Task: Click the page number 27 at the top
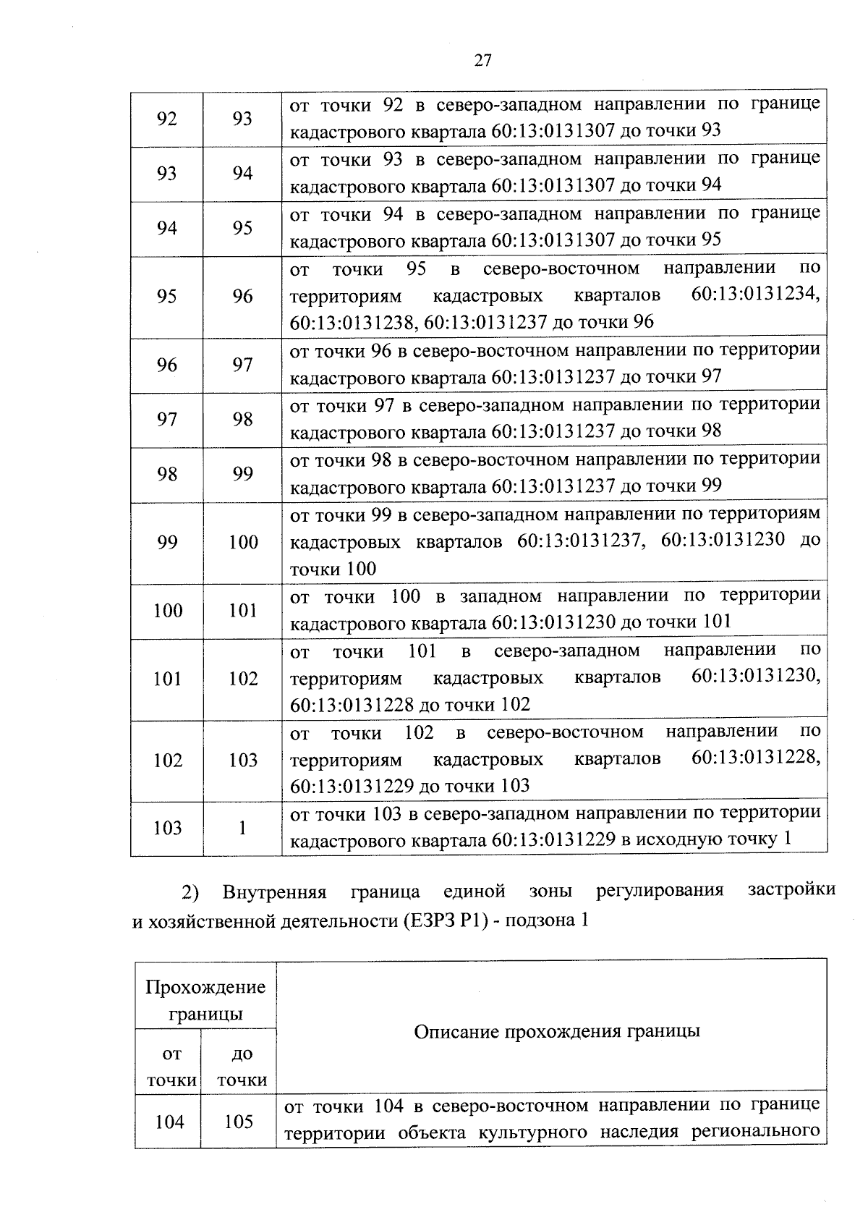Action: pyautogui.click(x=482, y=61)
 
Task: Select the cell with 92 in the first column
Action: pyautogui.click(x=167, y=119)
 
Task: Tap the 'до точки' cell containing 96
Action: pyautogui.click(x=242, y=297)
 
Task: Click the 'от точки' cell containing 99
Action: pyautogui.click(x=167, y=543)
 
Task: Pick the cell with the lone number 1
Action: pyautogui.click(x=242, y=829)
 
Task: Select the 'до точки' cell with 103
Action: pyautogui.click(x=242, y=761)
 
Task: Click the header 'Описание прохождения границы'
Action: pyautogui.click(x=556, y=1031)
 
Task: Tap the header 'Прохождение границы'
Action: pyautogui.click(x=205, y=1001)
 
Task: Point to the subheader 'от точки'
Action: pyautogui.click(x=171, y=1067)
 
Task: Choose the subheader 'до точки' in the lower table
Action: pyautogui.click(x=242, y=1067)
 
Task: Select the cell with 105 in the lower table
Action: pyautogui.click(x=239, y=1122)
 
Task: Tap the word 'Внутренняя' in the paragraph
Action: pyautogui.click(x=274, y=892)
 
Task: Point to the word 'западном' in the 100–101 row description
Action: pyautogui.click(x=501, y=597)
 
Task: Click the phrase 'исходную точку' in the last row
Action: pyautogui.click(x=707, y=839)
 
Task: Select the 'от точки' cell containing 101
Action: pyautogui.click(x=167, y=679)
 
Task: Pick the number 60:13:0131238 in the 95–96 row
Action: pyautogui.click(x=352, y=323)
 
